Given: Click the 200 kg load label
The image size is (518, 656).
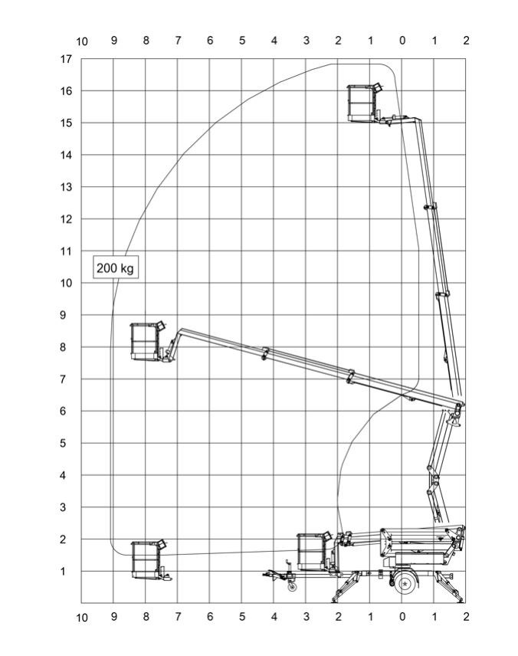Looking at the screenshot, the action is click(115, 267).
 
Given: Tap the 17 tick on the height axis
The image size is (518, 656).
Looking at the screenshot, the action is click(66, 59).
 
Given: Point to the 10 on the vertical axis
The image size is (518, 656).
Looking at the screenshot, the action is click(66, 283).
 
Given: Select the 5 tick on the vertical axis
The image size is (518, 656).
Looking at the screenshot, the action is click(63, 443).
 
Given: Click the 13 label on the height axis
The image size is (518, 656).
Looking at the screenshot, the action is click(66, 187).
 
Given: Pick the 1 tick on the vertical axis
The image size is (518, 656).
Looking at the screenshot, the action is click(63, 571).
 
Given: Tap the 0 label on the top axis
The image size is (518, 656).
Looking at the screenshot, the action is click(402, 41).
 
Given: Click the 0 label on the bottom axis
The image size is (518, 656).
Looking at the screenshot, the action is click(402, 616).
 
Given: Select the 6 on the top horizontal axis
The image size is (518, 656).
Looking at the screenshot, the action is click(210, 41).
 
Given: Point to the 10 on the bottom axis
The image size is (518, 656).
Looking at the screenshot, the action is click(82, 618).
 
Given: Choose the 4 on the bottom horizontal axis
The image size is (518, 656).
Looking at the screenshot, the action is click(274, 616).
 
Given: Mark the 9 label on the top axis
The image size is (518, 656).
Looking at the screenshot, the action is click(114, 41).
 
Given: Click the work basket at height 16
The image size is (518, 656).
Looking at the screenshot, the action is click(362, 103).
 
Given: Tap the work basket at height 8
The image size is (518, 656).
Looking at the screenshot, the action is click(146, 341).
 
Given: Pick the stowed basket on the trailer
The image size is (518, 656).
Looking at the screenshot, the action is click(313, 552).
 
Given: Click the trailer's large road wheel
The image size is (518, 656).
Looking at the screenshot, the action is click(405, 583).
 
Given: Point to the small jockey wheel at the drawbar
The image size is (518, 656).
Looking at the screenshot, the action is click(292, 587).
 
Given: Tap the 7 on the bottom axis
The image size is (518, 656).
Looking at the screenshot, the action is click(178, 616).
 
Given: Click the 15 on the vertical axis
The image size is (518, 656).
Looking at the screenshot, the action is click(66, 123).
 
